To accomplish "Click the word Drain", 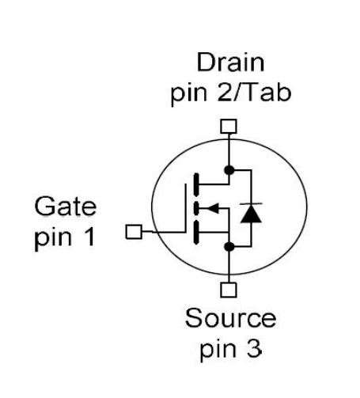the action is (230, 63).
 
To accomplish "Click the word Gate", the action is (66, 206).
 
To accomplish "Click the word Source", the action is (230, 318).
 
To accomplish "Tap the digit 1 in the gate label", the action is (90, 237).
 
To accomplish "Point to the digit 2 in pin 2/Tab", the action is (225, 92).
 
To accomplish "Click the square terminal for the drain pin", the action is (229, 126).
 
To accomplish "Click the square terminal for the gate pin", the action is (134, 232).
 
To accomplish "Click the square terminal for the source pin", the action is (229, 290).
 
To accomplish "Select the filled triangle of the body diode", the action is (251, 214).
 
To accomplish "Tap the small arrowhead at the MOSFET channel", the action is (214, 208).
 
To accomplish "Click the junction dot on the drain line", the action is (229, 170).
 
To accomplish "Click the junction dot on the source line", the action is (229, 247).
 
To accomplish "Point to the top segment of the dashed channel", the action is (196, 184).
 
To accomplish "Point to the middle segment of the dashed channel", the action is (196, 208).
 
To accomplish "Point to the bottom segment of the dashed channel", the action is (196, 233).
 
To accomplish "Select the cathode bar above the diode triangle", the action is (251, 204).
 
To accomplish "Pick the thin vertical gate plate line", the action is (186, 208).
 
